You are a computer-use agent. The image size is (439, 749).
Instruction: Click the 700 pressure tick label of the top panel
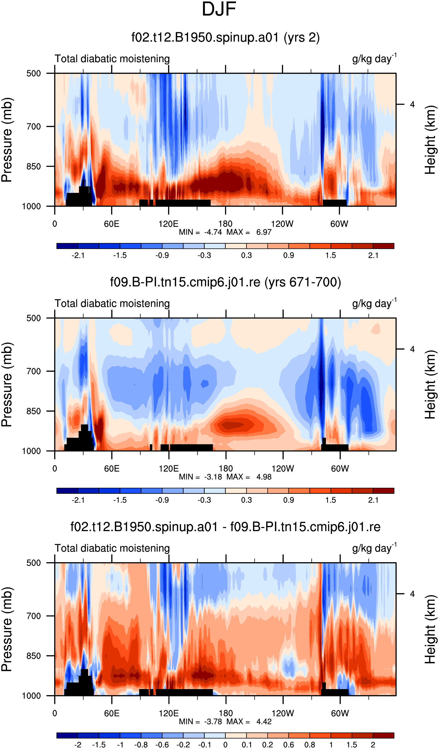33,127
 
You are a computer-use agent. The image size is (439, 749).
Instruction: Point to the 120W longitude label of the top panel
282,224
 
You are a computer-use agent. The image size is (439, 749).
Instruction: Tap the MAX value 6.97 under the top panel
264,232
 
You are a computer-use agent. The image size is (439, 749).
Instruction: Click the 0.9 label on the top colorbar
289,255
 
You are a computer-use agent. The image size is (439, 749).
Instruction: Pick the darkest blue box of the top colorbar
67,246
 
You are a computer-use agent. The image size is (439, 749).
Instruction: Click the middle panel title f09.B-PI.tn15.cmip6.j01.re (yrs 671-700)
226,282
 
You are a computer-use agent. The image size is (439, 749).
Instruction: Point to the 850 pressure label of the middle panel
33,411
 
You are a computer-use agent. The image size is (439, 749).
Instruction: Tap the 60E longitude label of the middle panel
112,469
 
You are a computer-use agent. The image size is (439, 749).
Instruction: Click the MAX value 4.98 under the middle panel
264,477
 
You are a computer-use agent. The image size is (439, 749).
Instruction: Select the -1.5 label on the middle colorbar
120,500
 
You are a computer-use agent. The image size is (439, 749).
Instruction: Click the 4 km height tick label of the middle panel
412,349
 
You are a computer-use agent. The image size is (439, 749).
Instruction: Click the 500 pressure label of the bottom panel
33,563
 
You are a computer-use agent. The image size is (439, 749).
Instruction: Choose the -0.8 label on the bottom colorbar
141,745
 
